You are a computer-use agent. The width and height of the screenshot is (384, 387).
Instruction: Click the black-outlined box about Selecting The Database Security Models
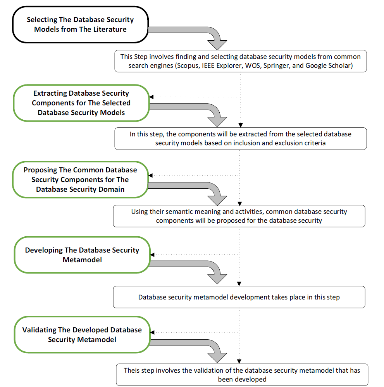(80, 25)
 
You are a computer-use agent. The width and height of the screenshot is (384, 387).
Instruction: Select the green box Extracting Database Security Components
(81, 103)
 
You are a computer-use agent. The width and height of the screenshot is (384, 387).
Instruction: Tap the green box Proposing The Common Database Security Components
(80, 180)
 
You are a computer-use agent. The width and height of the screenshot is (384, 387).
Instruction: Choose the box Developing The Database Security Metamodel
(82, 255)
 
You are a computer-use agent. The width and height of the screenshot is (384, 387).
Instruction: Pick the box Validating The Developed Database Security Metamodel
(82, 334)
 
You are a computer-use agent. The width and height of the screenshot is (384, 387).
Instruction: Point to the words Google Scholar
(329, 65)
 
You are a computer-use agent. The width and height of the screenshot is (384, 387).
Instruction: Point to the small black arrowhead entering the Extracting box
(152, 97)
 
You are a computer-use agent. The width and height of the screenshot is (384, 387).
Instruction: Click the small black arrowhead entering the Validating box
(152, 332)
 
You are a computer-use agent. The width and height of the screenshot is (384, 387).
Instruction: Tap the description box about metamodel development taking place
(239, 297)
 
